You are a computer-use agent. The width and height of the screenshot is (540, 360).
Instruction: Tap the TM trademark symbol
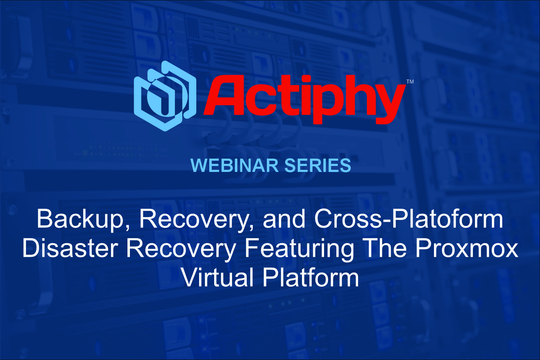(x=410, y=81)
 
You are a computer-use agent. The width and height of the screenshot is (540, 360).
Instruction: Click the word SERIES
(x=318, y=165)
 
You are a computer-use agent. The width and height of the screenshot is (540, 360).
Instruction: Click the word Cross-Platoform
(x=409, y=219)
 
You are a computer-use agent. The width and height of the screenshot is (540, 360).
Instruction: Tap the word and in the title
(x=284, y=219)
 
